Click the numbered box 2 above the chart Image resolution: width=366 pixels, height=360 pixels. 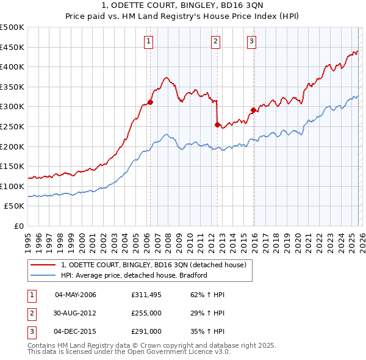[x=216, y=41]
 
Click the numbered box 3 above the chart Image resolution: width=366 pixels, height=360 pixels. [x=251, y=41]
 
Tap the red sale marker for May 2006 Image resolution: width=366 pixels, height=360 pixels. [x=150, y=103]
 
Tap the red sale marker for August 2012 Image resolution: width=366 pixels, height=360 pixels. [x=217, y=124]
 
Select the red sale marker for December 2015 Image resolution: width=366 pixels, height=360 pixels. [x=253, y=110]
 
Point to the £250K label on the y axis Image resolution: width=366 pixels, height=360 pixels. [x=12, y=126]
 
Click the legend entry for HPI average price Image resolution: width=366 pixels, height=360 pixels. [x=134, y=275]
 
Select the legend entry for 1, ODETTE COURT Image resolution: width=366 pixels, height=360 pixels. [x=153, y=265]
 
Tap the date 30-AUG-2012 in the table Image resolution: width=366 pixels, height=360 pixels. [x=76, y=313]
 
